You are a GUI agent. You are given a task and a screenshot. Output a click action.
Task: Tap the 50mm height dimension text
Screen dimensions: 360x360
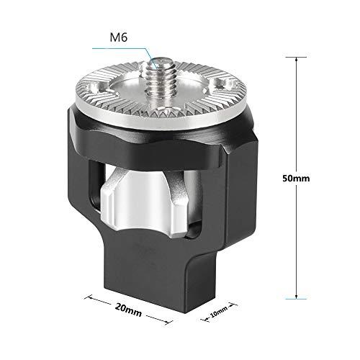295,178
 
